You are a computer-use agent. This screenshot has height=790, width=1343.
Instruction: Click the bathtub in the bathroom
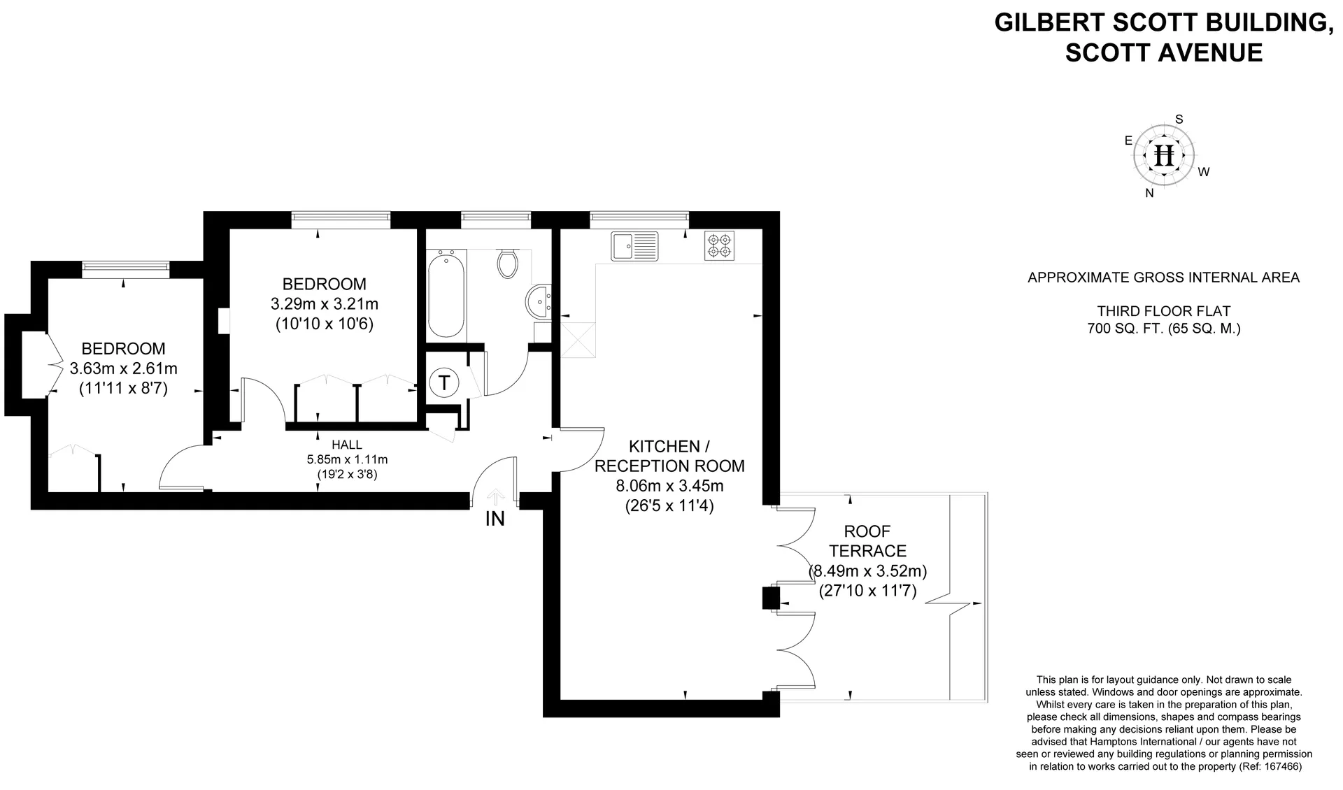coord(446,296)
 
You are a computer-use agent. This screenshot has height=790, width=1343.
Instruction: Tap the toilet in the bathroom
coord(509,262)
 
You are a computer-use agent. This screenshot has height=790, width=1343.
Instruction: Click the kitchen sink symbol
coord(634,245)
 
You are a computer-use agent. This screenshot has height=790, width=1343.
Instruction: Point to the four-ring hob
coord(719,245)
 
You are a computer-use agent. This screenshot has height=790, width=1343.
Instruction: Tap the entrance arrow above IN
coord(496,497)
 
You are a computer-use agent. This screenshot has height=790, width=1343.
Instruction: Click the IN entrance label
coord(495,519)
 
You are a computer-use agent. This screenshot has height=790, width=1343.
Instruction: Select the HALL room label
coord(347,445)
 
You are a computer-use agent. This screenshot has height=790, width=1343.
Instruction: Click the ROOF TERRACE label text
coord(868,541)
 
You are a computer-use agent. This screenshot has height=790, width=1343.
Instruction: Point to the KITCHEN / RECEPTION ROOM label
coord(669,456)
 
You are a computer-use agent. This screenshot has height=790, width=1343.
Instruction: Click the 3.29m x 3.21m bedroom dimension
coord(325,304)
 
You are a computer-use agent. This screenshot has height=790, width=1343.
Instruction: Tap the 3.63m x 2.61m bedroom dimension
coord(124,368)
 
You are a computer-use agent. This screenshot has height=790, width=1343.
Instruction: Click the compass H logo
coord(1165,155)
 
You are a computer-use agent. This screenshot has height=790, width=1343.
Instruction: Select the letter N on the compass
coord(1149,194)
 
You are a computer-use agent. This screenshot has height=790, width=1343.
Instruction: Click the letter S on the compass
coord(1179,120)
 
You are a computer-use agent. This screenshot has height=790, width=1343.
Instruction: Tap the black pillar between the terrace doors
coord(770,598)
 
